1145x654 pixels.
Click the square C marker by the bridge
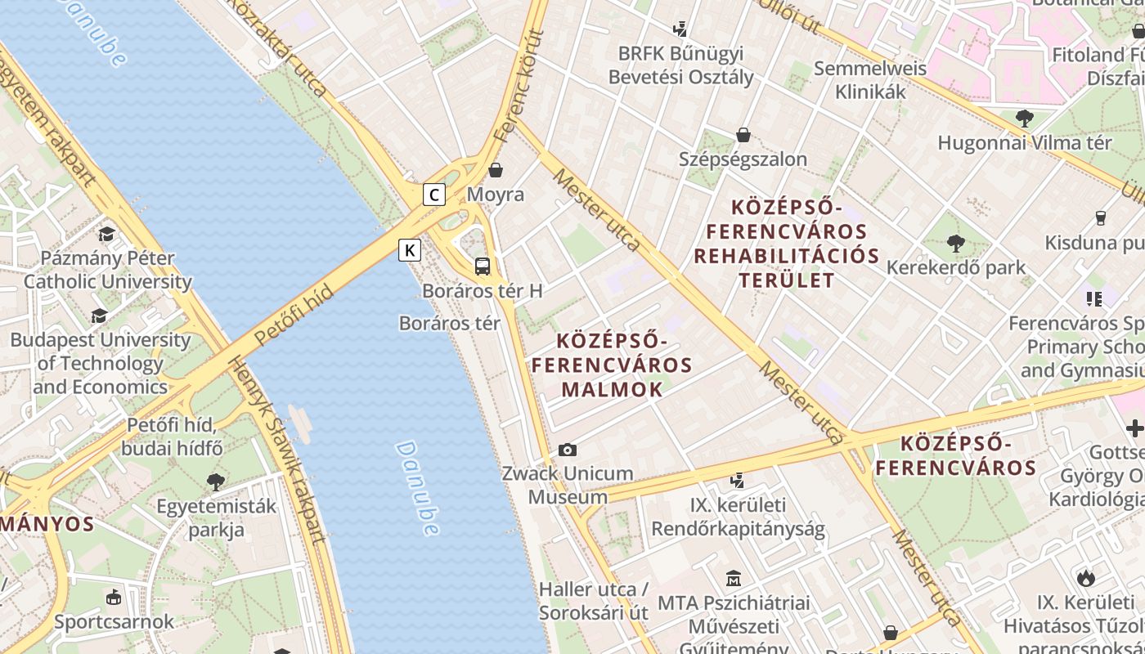434,195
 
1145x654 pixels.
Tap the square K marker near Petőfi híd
410,249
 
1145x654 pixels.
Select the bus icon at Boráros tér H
483,266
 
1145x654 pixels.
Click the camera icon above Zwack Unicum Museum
568,450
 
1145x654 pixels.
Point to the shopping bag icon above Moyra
496,170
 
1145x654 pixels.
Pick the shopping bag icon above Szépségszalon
743,135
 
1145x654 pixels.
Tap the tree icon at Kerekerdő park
955,243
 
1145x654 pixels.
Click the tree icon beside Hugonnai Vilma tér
1024,119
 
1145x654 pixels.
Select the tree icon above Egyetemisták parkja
216,482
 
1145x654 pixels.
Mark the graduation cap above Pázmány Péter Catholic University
107,235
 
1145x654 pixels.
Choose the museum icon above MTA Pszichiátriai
734,579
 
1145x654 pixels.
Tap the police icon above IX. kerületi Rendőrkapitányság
738,480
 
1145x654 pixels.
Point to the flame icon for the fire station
1086,579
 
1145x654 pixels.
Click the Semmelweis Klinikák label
870,80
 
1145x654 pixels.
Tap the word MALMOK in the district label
612,390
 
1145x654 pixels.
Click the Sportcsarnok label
114,621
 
